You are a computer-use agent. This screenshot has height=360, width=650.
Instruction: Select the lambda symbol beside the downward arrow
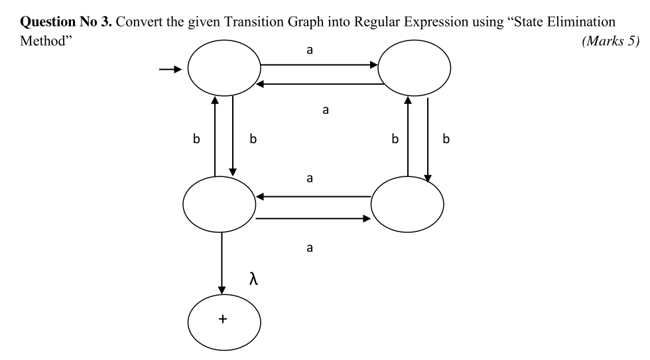253,278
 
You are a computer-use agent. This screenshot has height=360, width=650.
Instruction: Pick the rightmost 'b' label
446,140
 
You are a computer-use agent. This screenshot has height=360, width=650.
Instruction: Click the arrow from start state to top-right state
318,66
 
